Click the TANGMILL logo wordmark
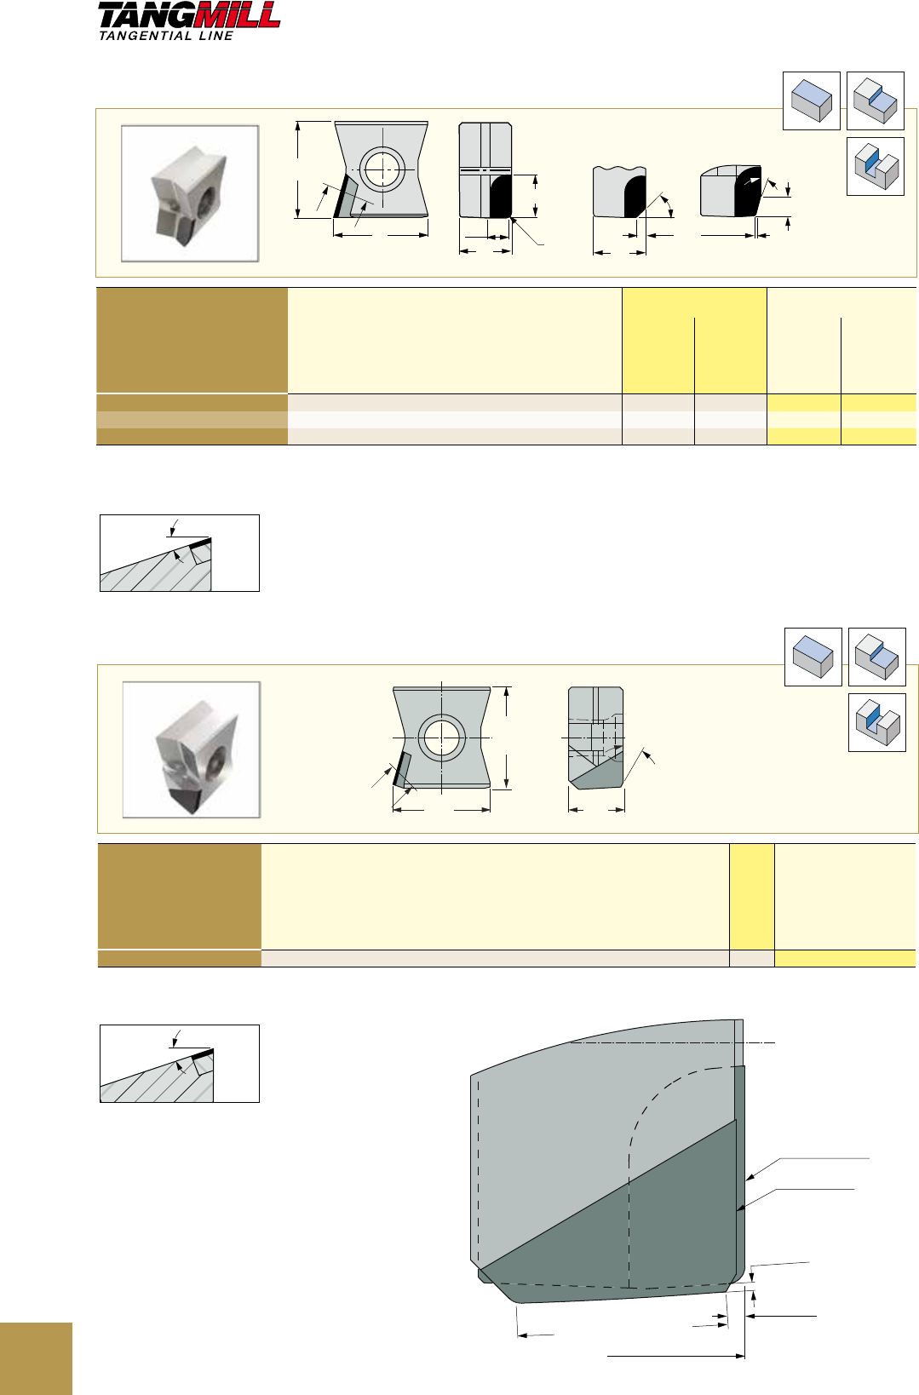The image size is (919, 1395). [189, 15]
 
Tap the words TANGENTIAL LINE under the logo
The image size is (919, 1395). [165, 36]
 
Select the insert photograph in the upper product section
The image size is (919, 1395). [190, 193]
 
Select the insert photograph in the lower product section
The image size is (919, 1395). [191, 749]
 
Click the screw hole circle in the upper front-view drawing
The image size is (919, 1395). [382, 169]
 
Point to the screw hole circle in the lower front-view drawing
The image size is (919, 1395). [441, 738]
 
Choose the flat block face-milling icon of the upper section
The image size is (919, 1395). [812, 100]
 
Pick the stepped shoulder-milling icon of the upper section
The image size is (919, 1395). [876, 100]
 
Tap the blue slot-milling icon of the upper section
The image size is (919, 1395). [876, 166]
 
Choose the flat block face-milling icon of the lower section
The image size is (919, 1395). [813, 657]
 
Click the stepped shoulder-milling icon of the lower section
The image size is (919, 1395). [877, 657]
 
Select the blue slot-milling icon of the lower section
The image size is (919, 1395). [877, 722]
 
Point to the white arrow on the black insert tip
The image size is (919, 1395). [752, 181]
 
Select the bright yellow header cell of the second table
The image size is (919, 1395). [751, 896]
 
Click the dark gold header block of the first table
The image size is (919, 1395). [192, 340]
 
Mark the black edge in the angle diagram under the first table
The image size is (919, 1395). [200, 543]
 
